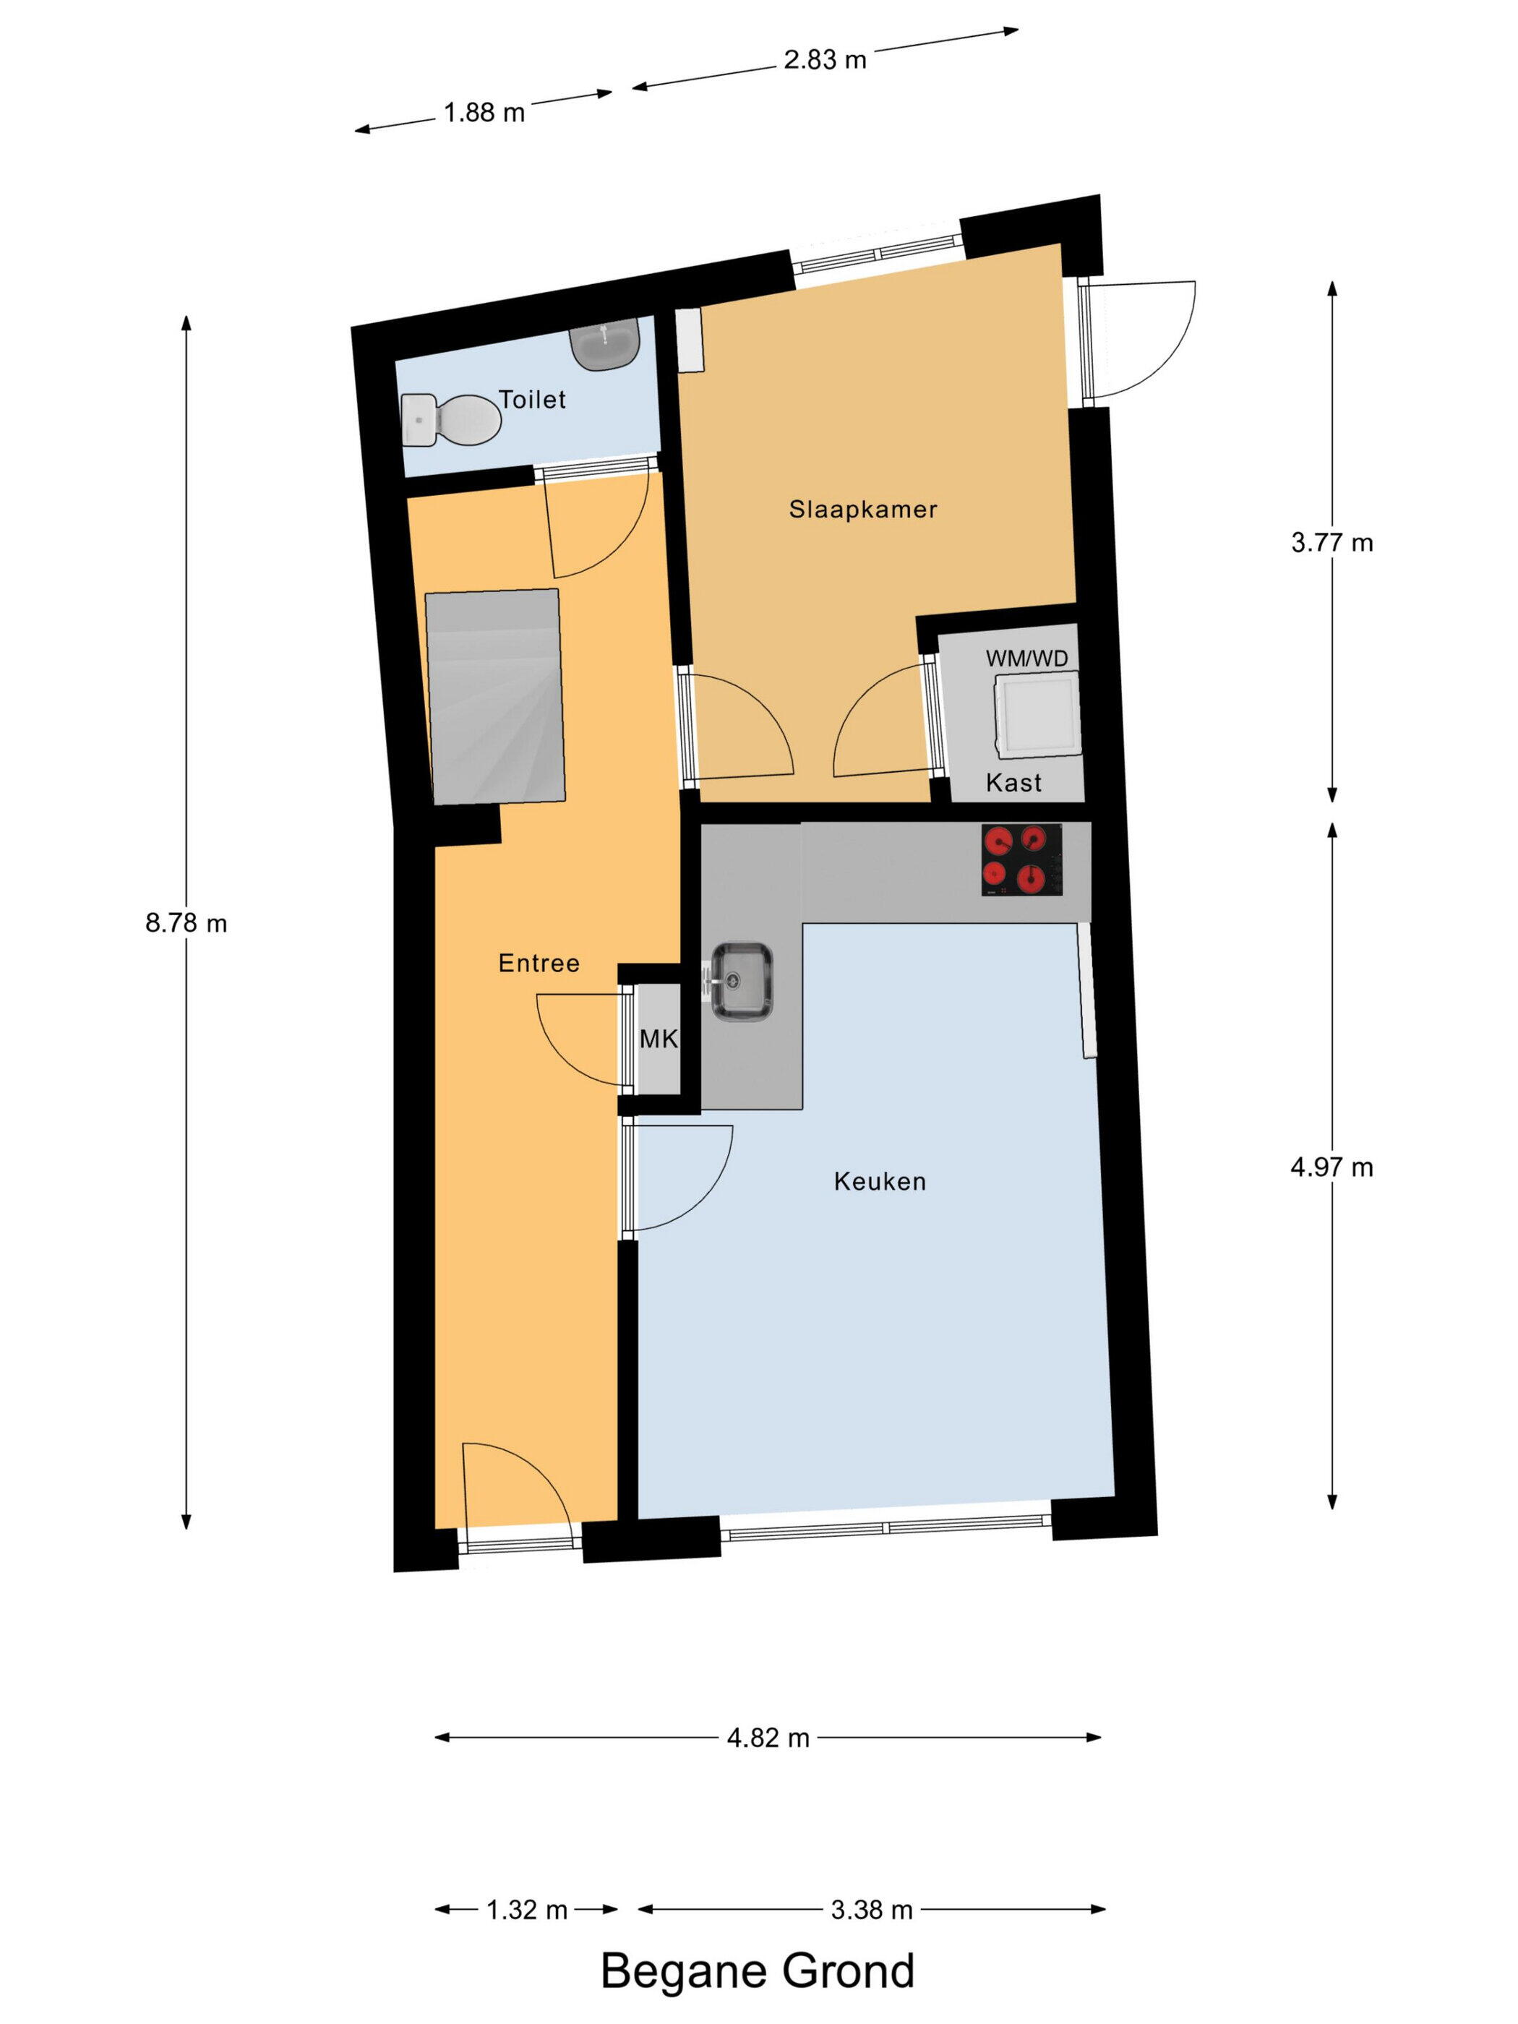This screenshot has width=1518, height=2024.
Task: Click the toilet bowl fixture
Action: [x=450, y=420]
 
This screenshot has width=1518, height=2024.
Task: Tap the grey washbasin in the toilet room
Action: [x=604, y=344]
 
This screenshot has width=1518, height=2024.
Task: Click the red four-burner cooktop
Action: [x=1022, y=859]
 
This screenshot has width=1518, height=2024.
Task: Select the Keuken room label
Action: [x=879, y=1181]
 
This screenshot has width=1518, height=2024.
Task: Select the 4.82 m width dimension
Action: [x=768, y=1738]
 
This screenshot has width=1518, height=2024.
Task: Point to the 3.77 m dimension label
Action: [x=1332, y=543]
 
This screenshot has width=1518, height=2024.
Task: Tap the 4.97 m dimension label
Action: [x=1332, y=1167]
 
